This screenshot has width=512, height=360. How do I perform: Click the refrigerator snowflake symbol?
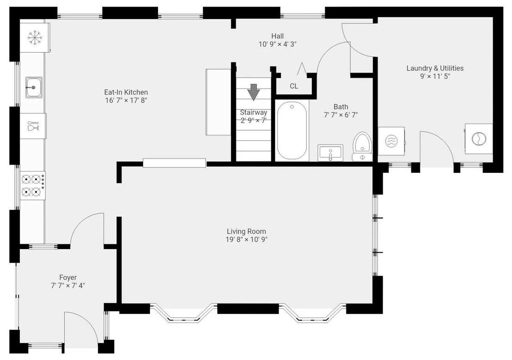coord(35,37)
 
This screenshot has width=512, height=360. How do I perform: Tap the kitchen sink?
coord(34,87)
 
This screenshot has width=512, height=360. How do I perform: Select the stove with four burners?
coord(33,185)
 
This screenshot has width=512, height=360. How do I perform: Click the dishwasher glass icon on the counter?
coord(33,126)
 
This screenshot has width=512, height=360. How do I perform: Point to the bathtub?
coord(292,130)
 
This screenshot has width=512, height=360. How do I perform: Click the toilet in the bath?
coord(362,146)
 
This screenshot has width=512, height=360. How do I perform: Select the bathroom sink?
coord(330,153)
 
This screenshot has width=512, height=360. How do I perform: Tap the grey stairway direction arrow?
coord(253,92)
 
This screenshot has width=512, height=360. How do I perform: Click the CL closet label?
coord(294,86)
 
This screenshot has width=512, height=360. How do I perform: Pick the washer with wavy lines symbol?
coord(391,141)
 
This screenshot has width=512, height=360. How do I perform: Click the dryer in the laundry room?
coord(479,139)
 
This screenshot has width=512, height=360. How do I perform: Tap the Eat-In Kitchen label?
coord(126,92)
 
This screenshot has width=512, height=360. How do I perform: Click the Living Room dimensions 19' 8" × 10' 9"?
coord(247,239)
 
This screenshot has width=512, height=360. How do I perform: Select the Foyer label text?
coord(68,277)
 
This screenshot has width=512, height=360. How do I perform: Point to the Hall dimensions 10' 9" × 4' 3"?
coord(278,44)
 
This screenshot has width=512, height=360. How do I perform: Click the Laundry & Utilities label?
coord(435,68)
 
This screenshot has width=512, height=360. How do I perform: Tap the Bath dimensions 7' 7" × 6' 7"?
coord(341,115)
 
